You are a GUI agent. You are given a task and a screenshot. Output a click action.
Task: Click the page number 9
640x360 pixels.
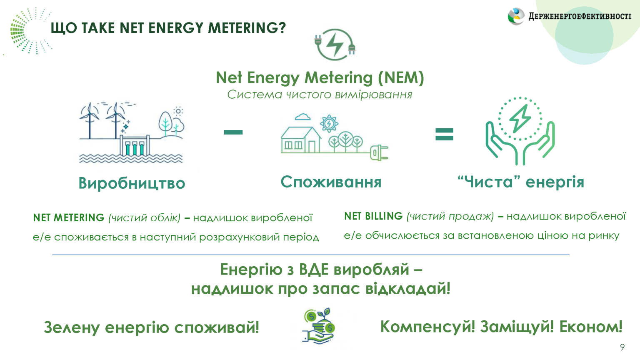click(x=622, y=347)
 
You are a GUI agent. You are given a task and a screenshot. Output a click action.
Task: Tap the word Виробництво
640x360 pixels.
click(x=132, y=183)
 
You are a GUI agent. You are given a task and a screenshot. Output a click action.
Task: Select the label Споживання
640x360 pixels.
click(x=331, y=182)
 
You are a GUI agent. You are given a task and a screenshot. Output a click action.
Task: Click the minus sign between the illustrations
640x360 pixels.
click(x=233, y=132)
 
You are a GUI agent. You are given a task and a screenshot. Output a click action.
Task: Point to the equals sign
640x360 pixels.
click(x=444, y=134)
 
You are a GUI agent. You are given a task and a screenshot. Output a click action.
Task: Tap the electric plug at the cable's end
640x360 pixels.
click(x=379, y=153)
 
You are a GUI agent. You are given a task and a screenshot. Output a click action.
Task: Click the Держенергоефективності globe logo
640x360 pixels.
click(x=516, y=16)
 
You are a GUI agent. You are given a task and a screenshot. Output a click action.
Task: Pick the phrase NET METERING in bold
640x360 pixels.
click(x=69, y=218)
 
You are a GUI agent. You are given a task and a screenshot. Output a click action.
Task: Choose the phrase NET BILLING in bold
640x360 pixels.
click(x=373, y=216)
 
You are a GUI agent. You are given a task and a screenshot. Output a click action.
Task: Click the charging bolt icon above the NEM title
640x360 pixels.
click(x=335, y=44)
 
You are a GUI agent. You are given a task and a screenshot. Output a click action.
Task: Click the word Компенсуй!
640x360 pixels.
click(x=427, y=327)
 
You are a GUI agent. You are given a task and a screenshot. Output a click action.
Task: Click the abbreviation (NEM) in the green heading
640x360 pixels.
click(x=401, y=78)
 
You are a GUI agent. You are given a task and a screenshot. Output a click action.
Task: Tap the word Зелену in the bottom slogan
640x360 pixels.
click(x=72, y=327)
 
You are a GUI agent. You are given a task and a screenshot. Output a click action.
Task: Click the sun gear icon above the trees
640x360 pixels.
click(x=329, y=123)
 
